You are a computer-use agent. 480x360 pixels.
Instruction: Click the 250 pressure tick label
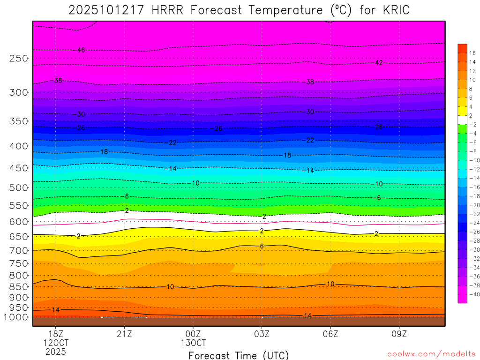click(x=19, y=59)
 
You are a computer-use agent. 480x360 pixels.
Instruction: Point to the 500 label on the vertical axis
click(x=19, y=188)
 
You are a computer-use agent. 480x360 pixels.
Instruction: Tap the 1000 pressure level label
click(x=17, y=317)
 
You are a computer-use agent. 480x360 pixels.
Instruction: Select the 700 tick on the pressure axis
click(x=19, y=251)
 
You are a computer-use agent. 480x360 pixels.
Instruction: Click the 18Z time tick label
click(x=56, y=334)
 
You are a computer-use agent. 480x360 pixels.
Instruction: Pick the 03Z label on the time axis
click(x=262, y=334)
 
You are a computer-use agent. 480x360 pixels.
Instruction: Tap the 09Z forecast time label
click(x=399, y=334)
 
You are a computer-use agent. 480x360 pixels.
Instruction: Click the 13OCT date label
click(x=193, y=342)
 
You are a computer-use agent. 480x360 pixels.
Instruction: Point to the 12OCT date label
click(x=56, y=342)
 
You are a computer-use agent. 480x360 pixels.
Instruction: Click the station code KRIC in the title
click(x=392, y=10)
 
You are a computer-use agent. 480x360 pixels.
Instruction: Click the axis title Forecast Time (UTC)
click(x=239, y=355)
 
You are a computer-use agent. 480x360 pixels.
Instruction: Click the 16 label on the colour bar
click(x=472, y=53)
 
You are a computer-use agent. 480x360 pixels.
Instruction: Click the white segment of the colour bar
click(x=463, y=120)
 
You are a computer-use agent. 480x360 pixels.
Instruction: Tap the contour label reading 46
click(x=81, y=50)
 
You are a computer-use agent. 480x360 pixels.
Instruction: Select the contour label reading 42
click(x=379, y=63)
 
